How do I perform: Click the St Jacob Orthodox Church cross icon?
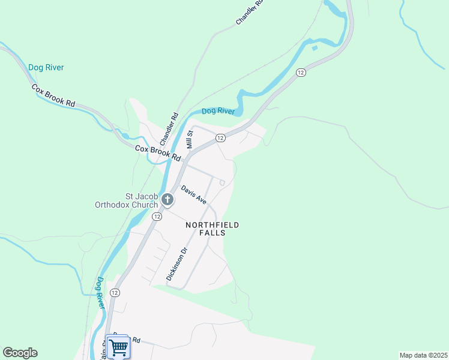pyautogui.click(x=168, y=199)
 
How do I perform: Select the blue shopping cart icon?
pyautogui.click(x=118, y=346)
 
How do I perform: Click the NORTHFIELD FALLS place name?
pyautogui.click(x=212, y=229)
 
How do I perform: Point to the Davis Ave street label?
pyautogui.click(x=194, y=194)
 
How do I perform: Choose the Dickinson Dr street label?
pyautogui.click(x=177, y=264)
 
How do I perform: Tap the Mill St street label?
pyautogui.click(x=190, y=140)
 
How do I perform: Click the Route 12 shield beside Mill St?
pyautogui.click(x=220, y=138)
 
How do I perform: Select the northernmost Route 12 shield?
pyautogui.click(x=301, y=72)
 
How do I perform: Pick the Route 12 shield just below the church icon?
pyautogui.click(x=157, y=216)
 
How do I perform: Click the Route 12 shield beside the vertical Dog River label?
pyautogui.click(x=115, y=292)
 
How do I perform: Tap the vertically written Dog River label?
pyautogui.click(x=100, y=293)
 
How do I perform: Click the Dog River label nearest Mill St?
pyautogui.click(x=217, y=111)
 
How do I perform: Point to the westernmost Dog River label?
pyautogui.click(x=46, y=68)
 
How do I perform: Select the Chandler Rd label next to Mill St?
pyautogui.click(x=169, y=127)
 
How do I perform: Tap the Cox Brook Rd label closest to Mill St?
pyautogui.click(x=158, y=152)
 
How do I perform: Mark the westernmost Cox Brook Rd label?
pyautogui.click(x=53, y=95)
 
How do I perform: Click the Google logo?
pyautogui.click(x=20, y=353)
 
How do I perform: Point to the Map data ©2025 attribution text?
pyautogui.click(x=423, y=355)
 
